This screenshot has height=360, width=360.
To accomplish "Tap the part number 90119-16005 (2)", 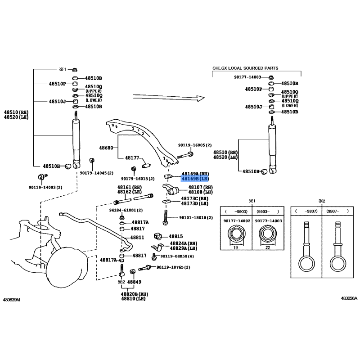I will point(194,145).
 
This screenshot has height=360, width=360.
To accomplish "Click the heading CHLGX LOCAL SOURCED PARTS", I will point(245,68).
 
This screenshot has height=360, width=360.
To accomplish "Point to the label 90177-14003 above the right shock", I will point(247,77).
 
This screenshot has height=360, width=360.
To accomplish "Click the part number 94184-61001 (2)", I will point(126,210).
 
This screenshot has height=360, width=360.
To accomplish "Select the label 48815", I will point(176,236).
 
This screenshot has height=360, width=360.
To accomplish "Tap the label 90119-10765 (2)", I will point(173,267).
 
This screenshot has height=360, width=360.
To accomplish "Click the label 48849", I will point(134,282).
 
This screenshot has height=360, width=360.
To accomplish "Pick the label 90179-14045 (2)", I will point(97,173).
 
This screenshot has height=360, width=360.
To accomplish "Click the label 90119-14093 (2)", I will point(45,187).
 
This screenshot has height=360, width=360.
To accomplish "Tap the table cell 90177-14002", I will point(235,220).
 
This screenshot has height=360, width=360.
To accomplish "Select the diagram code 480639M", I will point(13,299).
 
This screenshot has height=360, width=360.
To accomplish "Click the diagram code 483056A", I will point(349,299).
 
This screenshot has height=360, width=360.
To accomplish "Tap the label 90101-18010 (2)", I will point(196,217).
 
